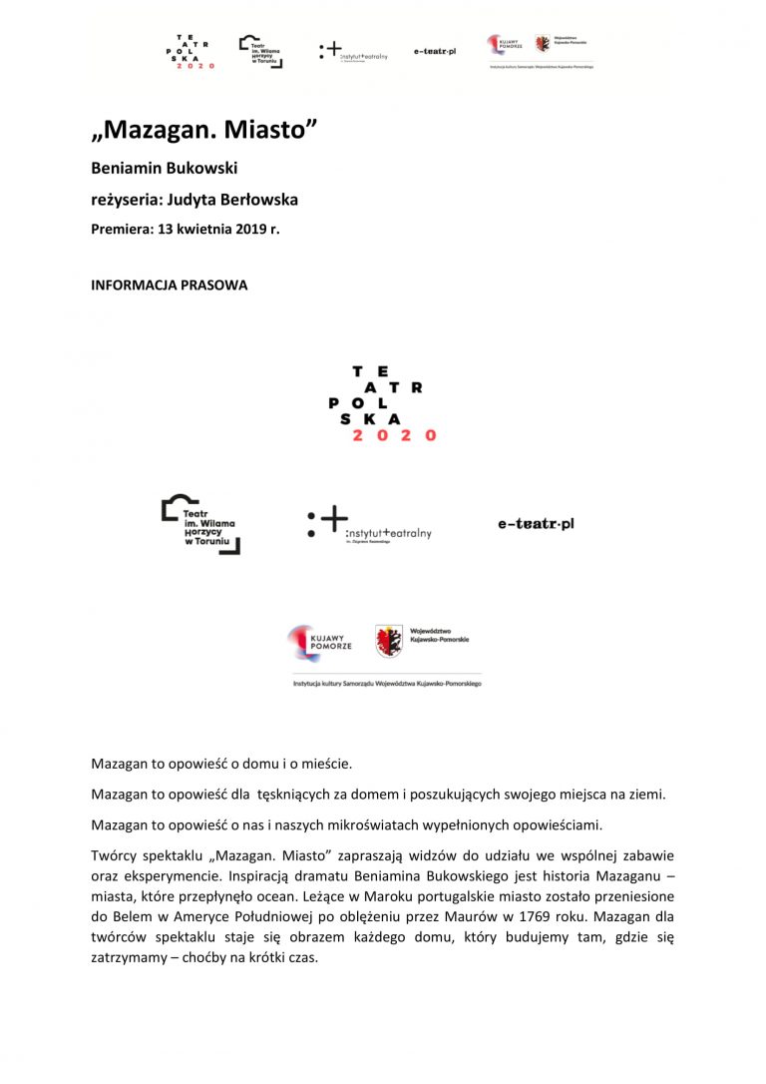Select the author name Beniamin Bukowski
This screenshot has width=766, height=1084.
[x=164, y=168]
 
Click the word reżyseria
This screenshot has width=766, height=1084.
[x=126, y=200]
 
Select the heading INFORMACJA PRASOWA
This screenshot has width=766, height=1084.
[x=170, y=284]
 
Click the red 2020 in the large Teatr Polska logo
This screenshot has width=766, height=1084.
[x=394, y=435]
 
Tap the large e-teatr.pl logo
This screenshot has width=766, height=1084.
[x=536, y=524]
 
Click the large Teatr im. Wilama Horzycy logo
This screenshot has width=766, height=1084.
[x=200, y=525]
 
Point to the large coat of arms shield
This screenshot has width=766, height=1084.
[x=389, y=641]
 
